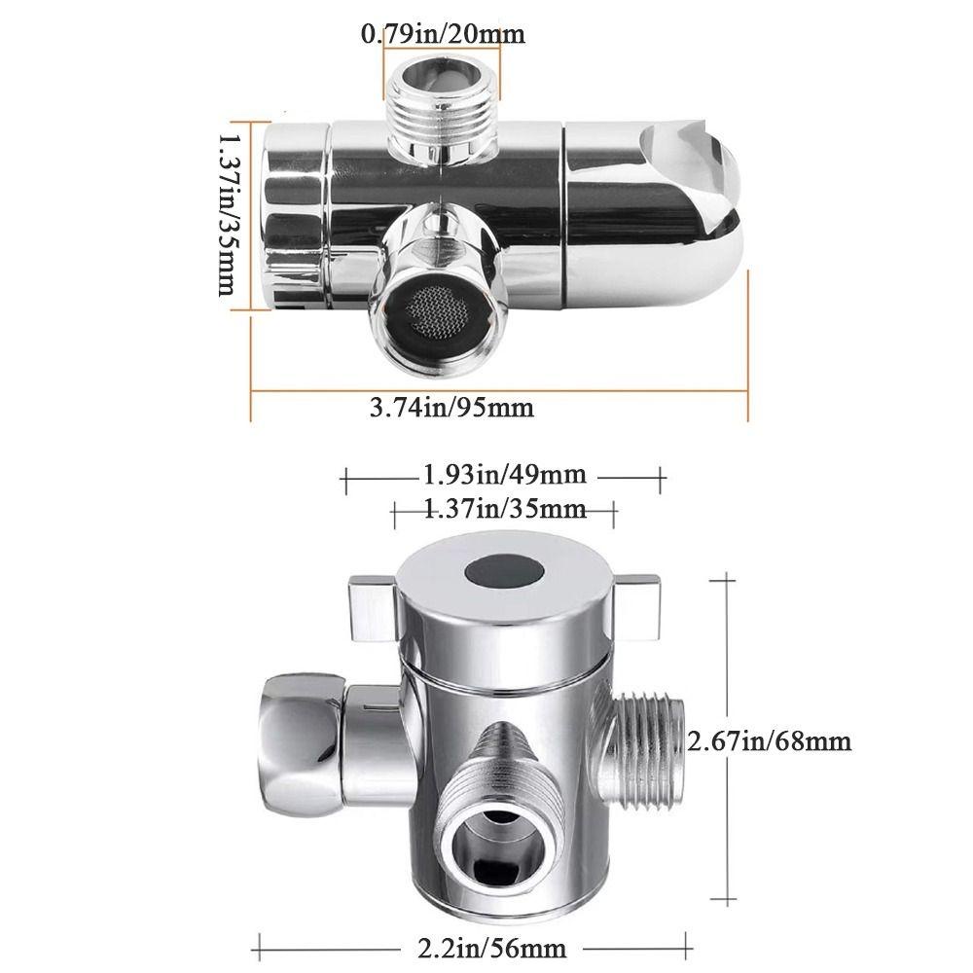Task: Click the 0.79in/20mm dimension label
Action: coord(443,35)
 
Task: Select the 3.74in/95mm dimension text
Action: coord(451,407)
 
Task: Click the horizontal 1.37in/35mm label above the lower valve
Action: coord(504,508)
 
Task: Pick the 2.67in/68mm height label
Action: coord(770,741)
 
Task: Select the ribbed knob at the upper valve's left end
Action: coord(292,216)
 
